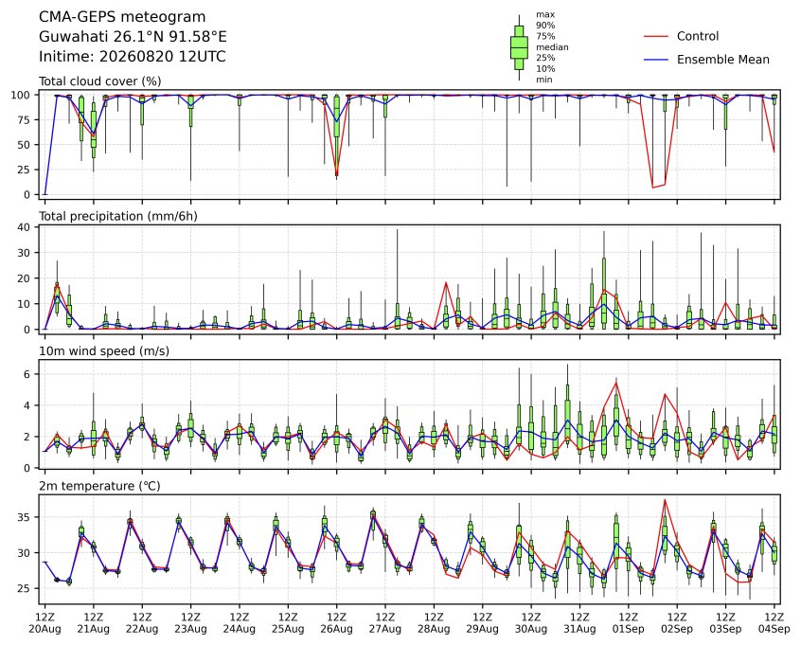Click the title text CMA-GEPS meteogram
pos(122,17)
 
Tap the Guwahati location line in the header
pos(133,37)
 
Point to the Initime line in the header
pos(133,56)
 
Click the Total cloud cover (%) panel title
pos(100,81)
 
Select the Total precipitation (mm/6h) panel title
pos(118,216)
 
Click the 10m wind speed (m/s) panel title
pos(104,351)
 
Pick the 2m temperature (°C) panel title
pos(99,486)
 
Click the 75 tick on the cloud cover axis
pos(24,120)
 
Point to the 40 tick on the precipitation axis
pos(24,227)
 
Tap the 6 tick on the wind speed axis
pos(27,374)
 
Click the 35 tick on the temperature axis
pos(24,517)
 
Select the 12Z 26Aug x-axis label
pos(337,623)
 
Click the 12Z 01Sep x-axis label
pos(629,623)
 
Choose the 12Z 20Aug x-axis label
pos(44,623)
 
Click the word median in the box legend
pos(552,47)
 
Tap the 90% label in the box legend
pos(545,25)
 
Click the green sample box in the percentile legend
pos(519,47)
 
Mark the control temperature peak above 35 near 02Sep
pos(665,499)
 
